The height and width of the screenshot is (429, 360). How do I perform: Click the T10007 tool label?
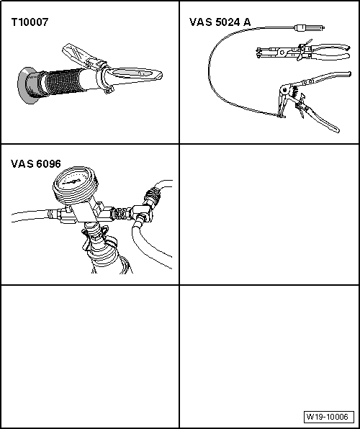(x=30, y=22)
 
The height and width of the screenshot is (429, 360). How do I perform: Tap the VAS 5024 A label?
(x=220, y=22)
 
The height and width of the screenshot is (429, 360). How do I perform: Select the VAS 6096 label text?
(x=36, y=163)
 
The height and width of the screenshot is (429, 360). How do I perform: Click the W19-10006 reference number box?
(x=328, y=417)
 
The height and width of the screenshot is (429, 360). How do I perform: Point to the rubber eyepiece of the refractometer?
(x=27, y=86)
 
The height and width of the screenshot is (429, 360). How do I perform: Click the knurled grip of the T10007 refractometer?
(x=63, y=81)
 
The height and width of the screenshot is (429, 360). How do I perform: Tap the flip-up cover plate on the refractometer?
(x=76, y=54)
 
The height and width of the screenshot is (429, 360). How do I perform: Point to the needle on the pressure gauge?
(x=72, y=181)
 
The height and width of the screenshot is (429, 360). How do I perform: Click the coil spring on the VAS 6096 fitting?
(x=120, y=213)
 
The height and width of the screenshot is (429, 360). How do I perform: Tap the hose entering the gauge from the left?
(x=30, y=215)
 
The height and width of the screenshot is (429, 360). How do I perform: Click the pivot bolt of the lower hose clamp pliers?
(x=284, y=89)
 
